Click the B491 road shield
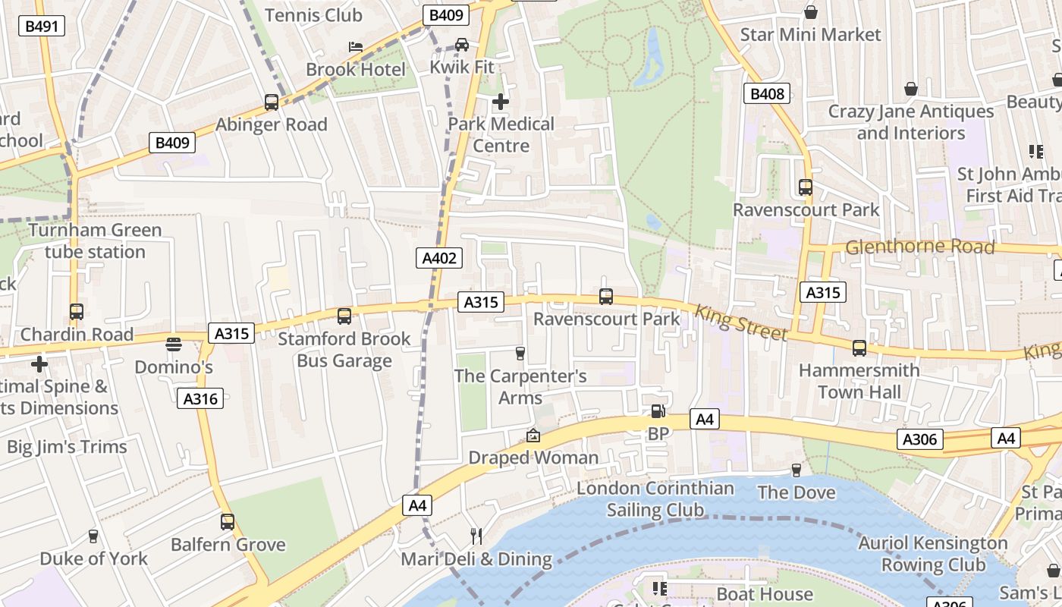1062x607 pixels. pyautogui.click(x=42, y=27)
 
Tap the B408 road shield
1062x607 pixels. pyautogui.click(x=766, y=93)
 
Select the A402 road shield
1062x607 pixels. pyautogui.click(x=439, y=258)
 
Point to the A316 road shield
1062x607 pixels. pyautogui.click(x=200, y=398)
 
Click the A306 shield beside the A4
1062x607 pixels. pyautogui.click(x=920, y=439)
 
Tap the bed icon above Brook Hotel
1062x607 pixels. pyautogui.click(x=355, y=47)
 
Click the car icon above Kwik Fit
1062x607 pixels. pyautogui.click(x=461, y=45)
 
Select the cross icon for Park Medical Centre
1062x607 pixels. pyautogui.click(x=501, y=101)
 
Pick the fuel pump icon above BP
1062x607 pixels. pyautogui.click(x=658, y=411)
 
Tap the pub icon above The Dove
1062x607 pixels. pyautogui.click(x=796, y=470)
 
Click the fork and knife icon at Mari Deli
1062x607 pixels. pyautogui.click(x=476, y=536)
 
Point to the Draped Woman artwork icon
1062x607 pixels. pyautogui.click(x=533, y=436)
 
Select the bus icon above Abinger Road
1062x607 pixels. pyautogui.click(x=271, y=102)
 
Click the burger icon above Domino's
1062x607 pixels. pyautogui.click(x=174, y=344)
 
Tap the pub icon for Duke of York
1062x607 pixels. pyautogui.click(x=93, y=536)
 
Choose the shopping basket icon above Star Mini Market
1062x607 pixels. pyautogui.click(x=810, y=12)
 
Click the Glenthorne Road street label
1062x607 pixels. pyautogui.click(x=919, y=247)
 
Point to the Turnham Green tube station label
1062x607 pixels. pyautogui.click(x=95, y=241)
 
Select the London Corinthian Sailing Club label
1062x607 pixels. pyautogui.click(x=655, y=499)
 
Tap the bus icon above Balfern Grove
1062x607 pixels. pyautogui.click(x=227, y=522)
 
